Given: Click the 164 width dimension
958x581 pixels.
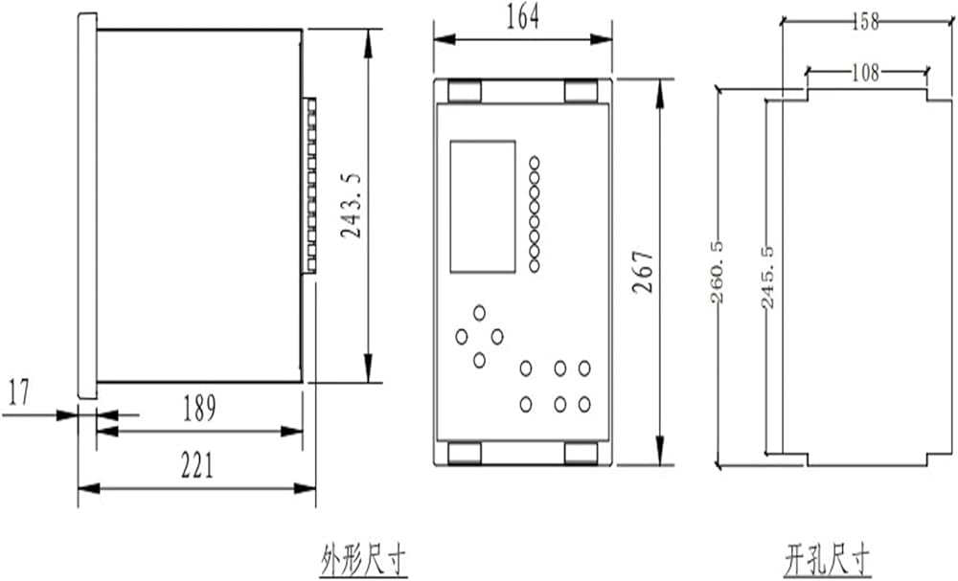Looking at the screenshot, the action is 524,17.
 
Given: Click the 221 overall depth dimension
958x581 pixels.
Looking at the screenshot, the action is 198,465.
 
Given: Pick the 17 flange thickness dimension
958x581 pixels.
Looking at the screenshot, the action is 19,391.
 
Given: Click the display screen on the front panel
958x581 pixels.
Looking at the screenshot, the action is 483,207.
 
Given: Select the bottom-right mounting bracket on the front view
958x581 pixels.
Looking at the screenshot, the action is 582,453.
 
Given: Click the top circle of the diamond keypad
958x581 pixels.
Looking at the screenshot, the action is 479,313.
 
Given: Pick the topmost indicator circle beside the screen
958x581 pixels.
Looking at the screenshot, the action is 535,163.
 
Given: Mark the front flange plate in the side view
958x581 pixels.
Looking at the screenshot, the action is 86,205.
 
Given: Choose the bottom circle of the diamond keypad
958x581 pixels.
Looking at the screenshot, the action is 479,360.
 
